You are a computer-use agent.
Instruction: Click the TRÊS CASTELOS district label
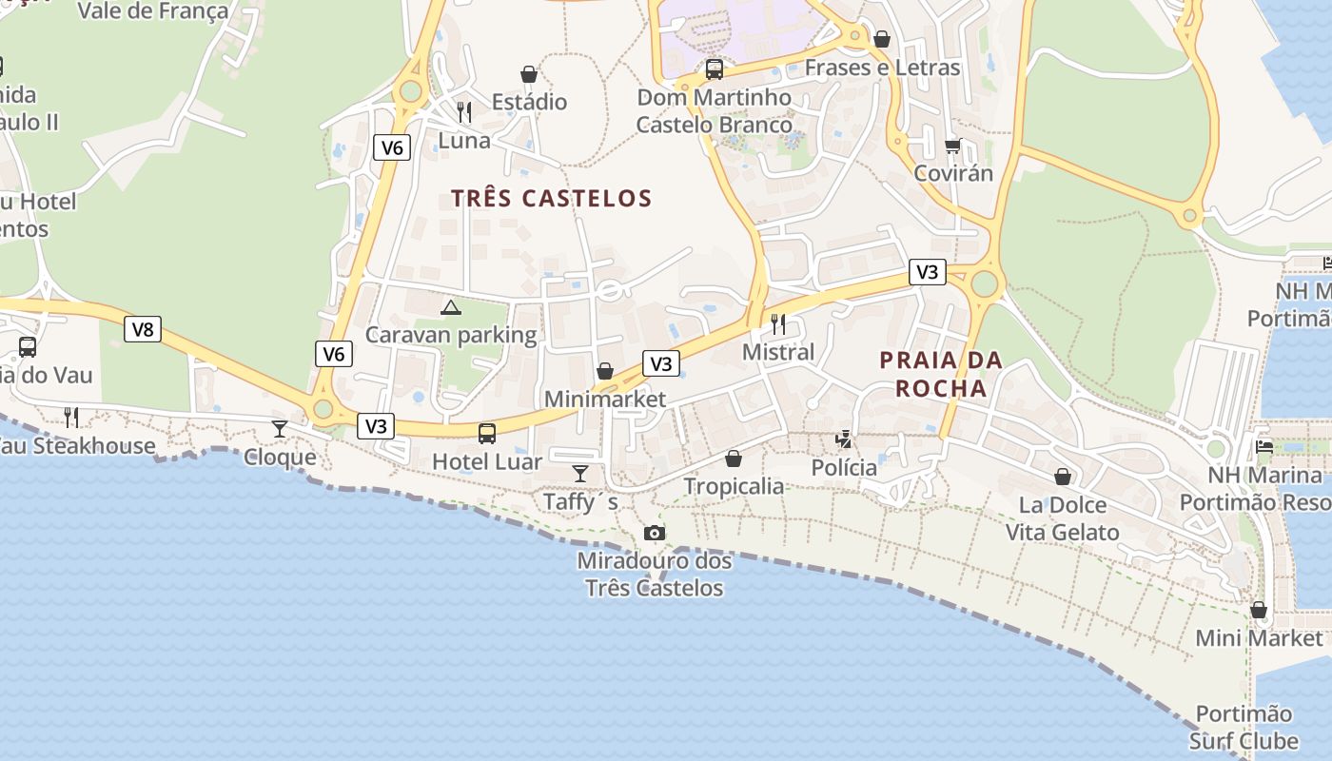[x=551, y=199]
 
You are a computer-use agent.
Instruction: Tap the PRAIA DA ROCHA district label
[x=941, y=374]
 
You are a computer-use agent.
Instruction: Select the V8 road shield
[x=142, y=330]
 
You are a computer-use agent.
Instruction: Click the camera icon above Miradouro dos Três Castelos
[x=655, y=533]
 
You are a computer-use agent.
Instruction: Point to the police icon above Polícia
[x=844, y=439]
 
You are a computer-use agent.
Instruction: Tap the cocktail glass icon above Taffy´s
[x=579, y=473]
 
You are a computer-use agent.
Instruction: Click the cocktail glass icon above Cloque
[x=279, y=429]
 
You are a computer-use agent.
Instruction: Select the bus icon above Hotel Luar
[x=487, y=434]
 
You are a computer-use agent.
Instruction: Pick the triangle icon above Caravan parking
[x=451, y=307]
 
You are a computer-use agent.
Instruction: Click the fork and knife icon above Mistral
[x=778, y=323]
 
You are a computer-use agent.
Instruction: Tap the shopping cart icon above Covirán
[x=952, y=146]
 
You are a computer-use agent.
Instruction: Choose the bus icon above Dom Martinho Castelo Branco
[x=714, y=69]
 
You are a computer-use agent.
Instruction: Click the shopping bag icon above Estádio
[x=529, y=74]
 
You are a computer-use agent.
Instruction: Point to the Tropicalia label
[x=734, y=486]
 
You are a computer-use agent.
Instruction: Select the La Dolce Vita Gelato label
[x=1063, y=518]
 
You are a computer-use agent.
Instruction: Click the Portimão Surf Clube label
[x=1244, y=728]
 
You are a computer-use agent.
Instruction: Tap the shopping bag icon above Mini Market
[x=1259, y=610]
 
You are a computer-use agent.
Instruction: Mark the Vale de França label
[x=152, y=11]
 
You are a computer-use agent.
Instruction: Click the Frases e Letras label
[x=882, y=68]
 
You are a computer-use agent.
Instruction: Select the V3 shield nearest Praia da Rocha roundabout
[x=927, y=272]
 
